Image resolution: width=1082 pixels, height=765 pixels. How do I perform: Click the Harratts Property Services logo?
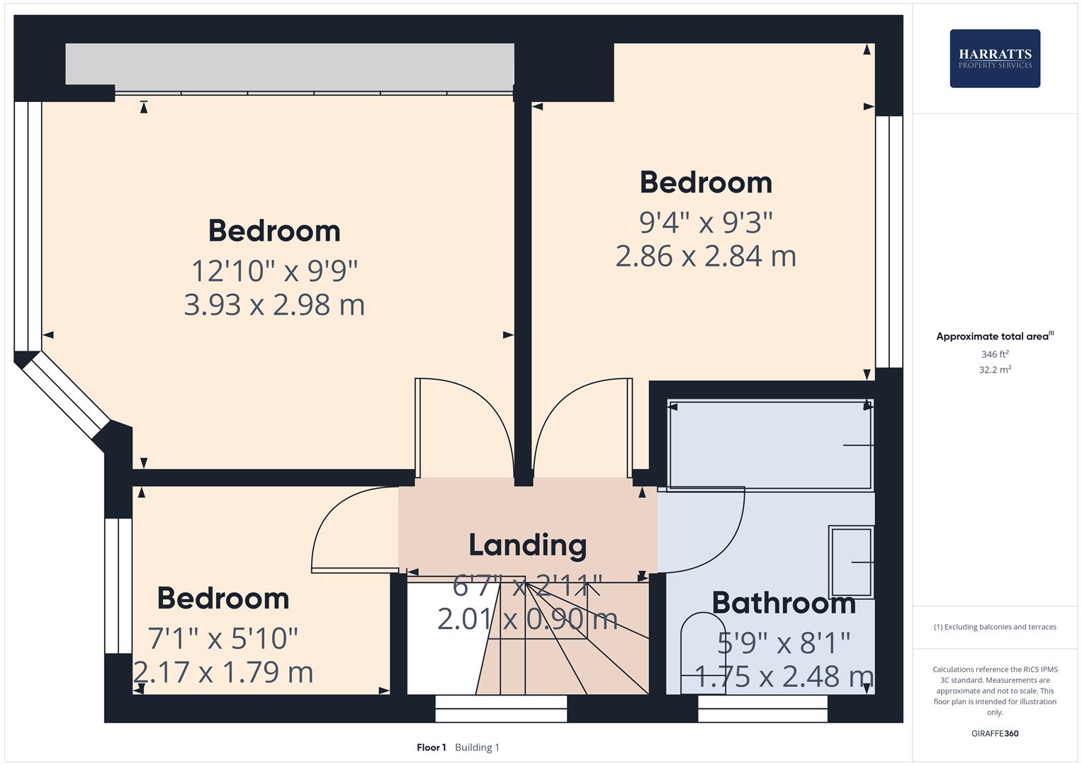pyautogui.click(x=994, y=58)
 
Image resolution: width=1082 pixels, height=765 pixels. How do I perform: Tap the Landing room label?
pyautogui.click(x=528, y=545)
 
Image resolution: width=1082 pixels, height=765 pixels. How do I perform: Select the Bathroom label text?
pyautogui.click(x=784, y=603)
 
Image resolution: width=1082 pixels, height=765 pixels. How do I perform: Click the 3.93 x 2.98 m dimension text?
pyautogui.click(x=274, y=305)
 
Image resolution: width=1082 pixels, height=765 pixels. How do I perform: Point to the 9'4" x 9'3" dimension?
pyautogui.click(x=706, y=222)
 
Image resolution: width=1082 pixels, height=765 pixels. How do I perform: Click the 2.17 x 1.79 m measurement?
pyautogui.click(x=223, y=671)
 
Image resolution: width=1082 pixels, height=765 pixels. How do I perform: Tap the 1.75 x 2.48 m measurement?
pyautogui.click(x=784, y=676)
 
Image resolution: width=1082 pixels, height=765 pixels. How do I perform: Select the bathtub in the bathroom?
pyautogui.click(x=770, y=445)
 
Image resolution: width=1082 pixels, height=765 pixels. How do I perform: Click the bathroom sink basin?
pyautogui.click(x=851, y=562)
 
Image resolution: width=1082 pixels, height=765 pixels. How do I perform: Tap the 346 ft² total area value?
pyautogui.click(x=995, y=354)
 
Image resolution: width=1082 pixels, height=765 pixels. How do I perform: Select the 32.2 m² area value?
pyautogui.click(x=995, y=370)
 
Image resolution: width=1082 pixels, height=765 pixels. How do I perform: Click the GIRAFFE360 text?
pyautogui.click(x=995, y=733)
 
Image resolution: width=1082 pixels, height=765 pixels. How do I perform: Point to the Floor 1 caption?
pyautogui.click(x=431, y=747)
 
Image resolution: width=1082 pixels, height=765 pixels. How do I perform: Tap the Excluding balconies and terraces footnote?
pyautogui.click(x=995, y=627)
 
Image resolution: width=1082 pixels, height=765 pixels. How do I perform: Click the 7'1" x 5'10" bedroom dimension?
pyautogui.click(x=223, y=638)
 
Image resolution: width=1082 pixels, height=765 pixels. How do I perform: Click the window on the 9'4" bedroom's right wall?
pyautogui.click(x=889, y=242)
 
